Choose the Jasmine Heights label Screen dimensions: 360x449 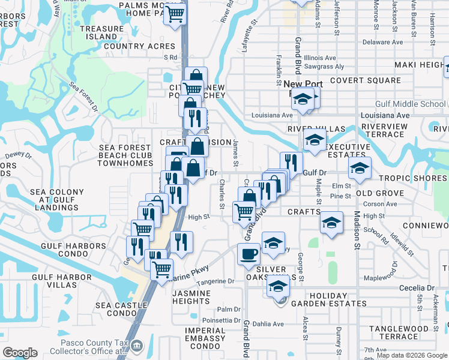(191, 297)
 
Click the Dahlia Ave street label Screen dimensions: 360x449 (270, 324)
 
